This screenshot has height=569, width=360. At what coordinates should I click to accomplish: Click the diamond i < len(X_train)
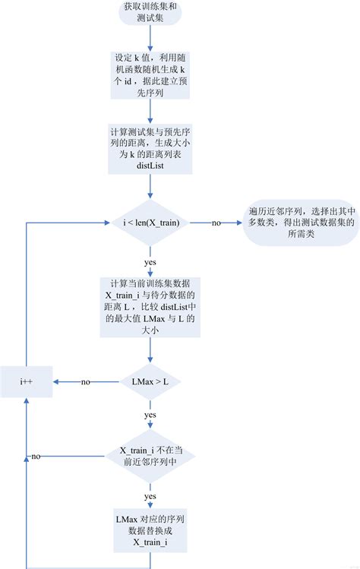pyautogui.click(x=150, y=223)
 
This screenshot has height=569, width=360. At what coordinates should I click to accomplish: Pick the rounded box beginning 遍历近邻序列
pyautogui.click(x=300, y=223)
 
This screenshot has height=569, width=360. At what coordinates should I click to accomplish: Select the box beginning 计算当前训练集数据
pyautogui.click(x=150, y=302)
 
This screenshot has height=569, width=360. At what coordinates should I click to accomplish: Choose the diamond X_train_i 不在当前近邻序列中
pyautogui.click(x=150, y=456)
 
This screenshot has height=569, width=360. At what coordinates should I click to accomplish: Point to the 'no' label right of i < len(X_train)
pyautogui.click(x=216, y=223)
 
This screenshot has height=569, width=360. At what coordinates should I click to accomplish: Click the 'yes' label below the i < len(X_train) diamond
pyautogui.click(x=150, y=261)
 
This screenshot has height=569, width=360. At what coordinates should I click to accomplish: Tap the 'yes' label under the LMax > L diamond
pyautogui.click(x=150, y=415)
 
